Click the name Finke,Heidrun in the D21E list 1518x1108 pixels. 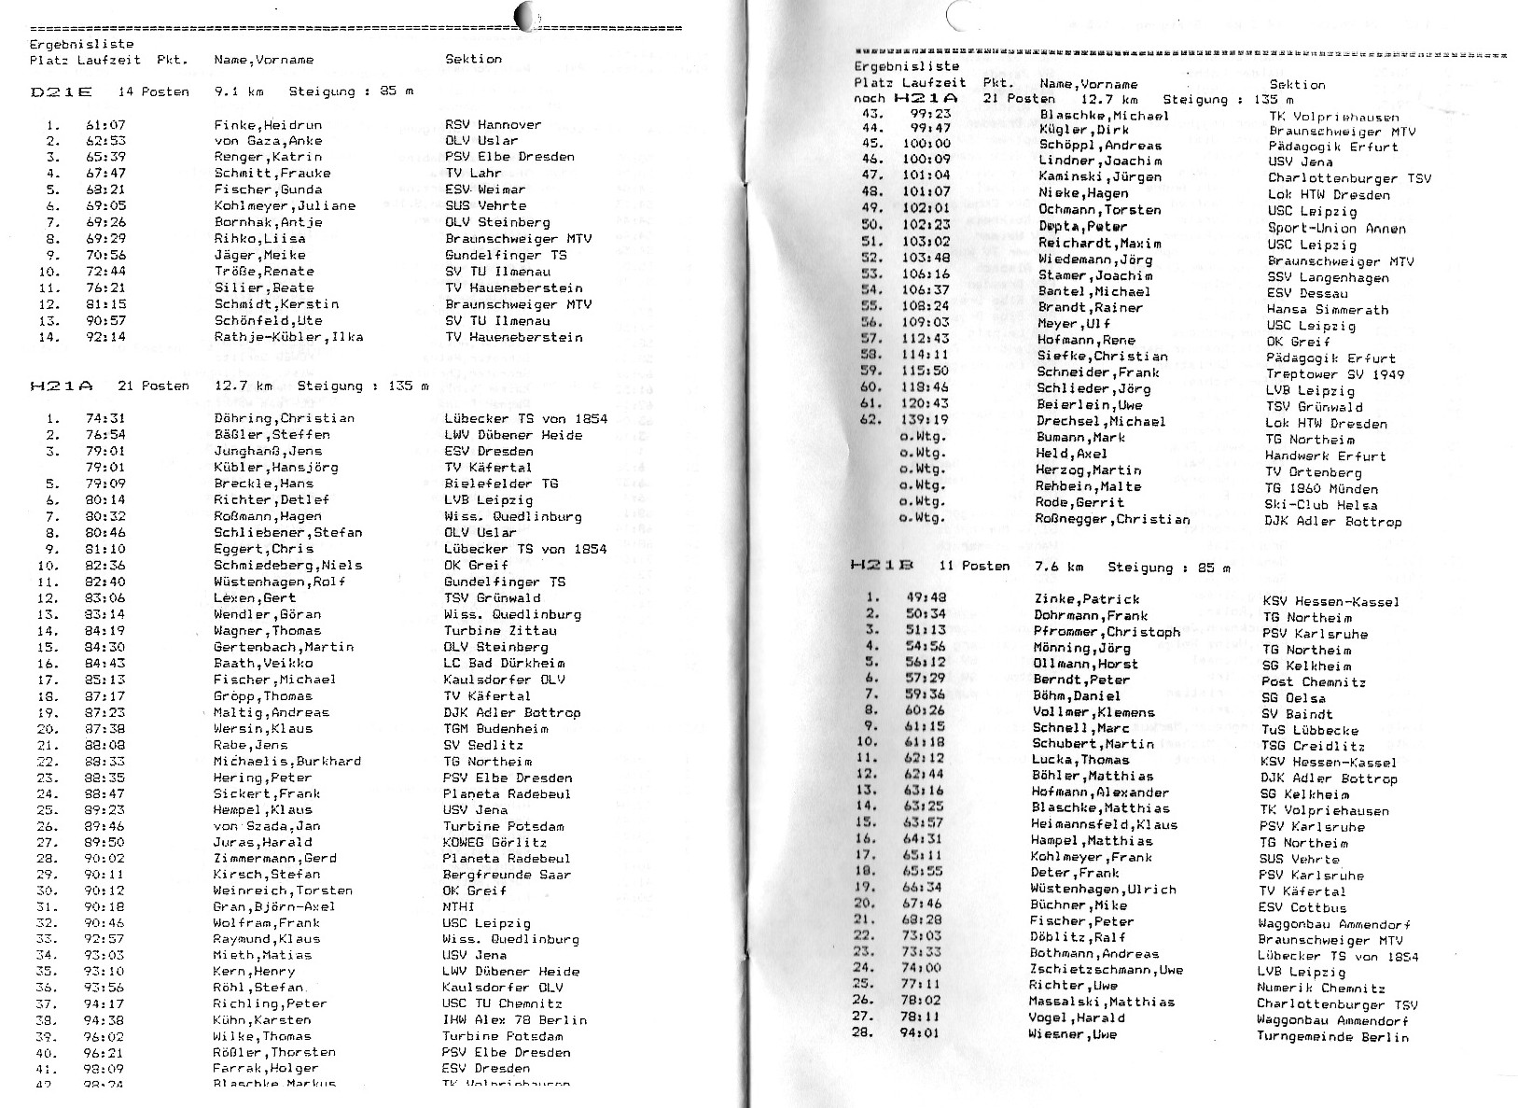[x=268, y=125]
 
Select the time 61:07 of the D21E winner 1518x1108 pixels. [x=105, y=125]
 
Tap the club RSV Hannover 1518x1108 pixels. [x=493, y=124]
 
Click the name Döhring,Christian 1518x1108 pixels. [x=284, y=418]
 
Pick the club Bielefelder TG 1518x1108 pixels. [x=501, y=484]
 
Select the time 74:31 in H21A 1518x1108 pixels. [x=105, y=418]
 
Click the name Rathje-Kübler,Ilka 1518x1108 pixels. [x=288, y=337]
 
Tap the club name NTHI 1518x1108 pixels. [x=459, y=906]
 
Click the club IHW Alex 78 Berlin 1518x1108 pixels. [x=515, y=1020]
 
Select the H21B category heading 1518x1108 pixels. [x=882, y=566]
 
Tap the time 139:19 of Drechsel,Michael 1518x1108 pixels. [x=927, y=420]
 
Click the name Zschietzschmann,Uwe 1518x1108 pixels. [x=1106, y=970]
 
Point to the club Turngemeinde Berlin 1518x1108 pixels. [x=1332, y=1036]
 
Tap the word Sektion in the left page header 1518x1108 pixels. [x=473, y=59]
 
